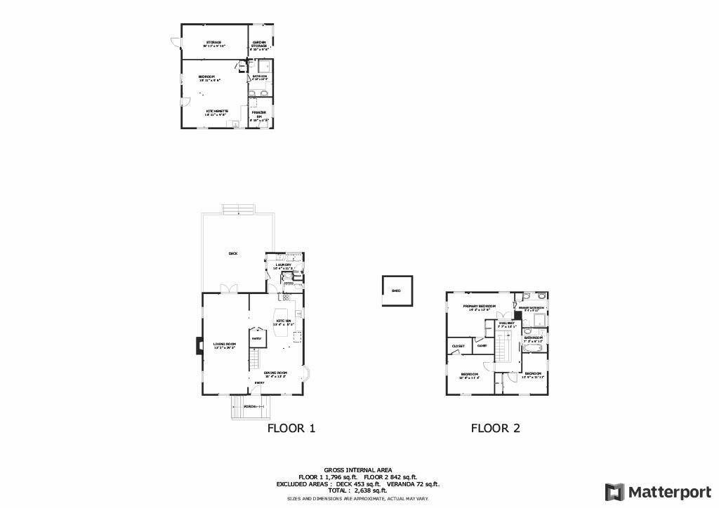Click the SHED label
pos(395,290)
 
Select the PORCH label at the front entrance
pos(249,406)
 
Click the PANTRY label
pos(256,338)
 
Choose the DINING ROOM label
pos(275,372)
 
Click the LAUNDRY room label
pos(284,265)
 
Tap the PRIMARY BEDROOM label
pos(480,307)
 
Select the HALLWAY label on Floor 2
pos(507,323)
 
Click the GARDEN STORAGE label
pos(259,44)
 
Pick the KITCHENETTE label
pos(216,111)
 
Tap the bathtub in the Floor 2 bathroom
pos(534,347)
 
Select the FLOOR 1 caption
pos(291,428)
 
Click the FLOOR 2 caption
pos(495,428)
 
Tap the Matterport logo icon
pos(614,491)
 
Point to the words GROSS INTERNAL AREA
pos(357,470)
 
